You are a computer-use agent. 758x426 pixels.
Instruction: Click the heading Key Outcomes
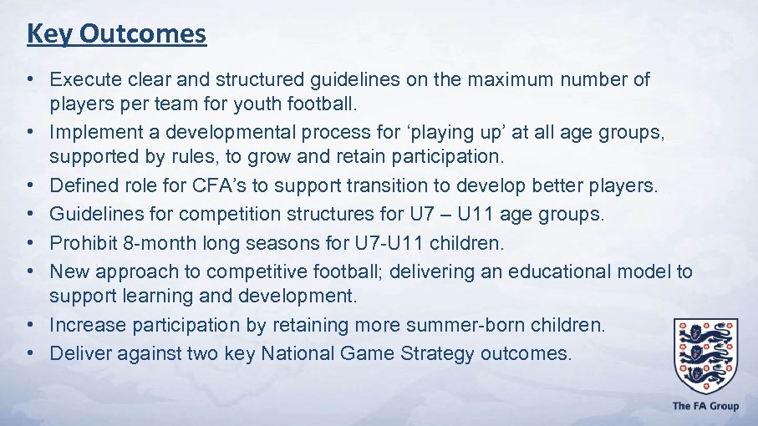tap(116, 34)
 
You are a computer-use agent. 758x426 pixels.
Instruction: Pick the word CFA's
tap(214, 185)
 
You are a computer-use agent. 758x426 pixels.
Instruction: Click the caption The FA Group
tap(705, 406)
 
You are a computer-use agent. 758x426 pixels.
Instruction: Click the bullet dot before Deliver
tap(29, 353)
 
